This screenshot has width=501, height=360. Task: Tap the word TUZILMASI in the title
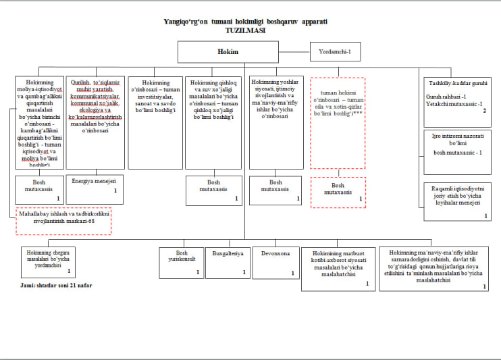click(x=246, y=31)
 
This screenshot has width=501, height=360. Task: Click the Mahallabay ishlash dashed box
click(x=63, y=221)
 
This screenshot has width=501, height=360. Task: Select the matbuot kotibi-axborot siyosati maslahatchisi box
click(x=338, y=268)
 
